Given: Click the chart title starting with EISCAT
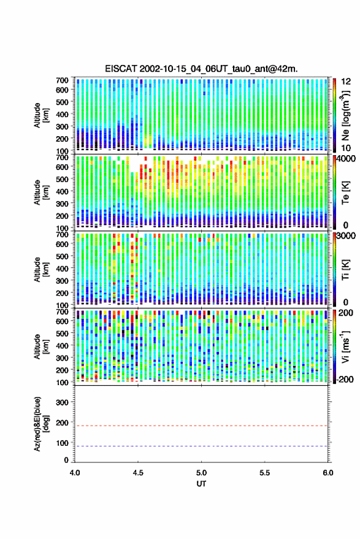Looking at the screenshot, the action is pos(201,69).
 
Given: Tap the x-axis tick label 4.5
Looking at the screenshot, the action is pos(138,473).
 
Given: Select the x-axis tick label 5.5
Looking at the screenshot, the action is pos(264,473).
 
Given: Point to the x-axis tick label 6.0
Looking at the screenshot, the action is pos(327,473).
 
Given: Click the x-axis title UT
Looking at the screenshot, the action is pos(201,484).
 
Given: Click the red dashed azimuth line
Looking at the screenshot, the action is pos(201,426).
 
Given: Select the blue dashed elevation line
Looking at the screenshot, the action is pos(201,446).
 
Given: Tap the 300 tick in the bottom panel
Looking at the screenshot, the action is pos(62,402).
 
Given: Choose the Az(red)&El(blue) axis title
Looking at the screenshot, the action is pos(41,424).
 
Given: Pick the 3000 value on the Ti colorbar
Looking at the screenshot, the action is pos(346,236).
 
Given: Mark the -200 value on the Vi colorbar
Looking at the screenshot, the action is pos(345,379).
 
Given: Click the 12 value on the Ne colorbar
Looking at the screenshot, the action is pos(346,82).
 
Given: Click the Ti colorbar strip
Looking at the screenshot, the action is pos(335,269).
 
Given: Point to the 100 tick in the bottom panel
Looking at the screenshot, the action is pos(62,443).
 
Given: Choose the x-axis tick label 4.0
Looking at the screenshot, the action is pos(75,473).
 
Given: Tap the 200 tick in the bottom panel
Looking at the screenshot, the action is pos(62,422).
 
